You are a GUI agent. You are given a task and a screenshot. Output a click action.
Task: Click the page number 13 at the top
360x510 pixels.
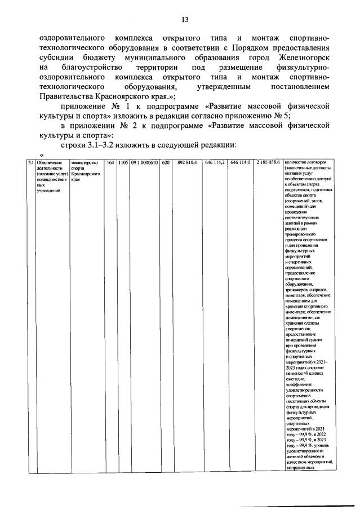tap(184, 20)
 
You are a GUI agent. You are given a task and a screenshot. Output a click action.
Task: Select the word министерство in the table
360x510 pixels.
tap(85, 163)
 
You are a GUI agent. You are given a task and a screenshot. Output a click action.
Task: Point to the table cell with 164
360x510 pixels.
tap(110, 163)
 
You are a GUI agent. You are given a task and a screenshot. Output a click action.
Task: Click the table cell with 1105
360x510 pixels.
tap(123, 163)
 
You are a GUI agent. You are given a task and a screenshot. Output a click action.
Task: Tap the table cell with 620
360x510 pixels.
tap(166, 163)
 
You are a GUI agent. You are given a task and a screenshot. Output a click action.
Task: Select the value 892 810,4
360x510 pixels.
tap(187, 163)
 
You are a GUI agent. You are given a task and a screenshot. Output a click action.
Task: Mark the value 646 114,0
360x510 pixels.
tap(241, 163)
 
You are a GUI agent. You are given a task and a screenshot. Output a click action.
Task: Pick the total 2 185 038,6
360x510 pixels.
tap(268, 163)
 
